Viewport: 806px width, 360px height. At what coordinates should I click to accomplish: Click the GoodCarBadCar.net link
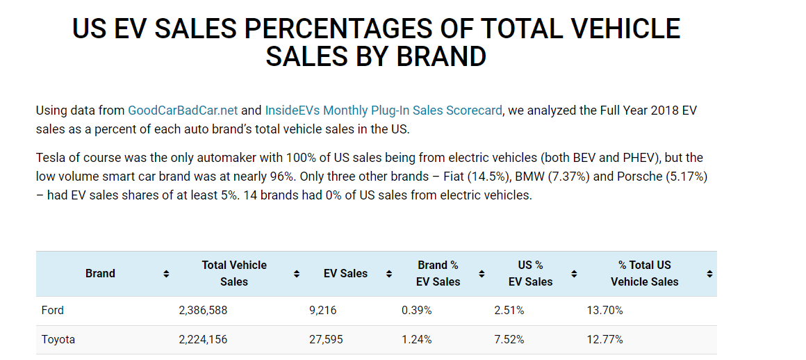pyautogui.click(x=183, y=111)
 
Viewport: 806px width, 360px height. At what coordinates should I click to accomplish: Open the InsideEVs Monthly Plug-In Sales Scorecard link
pyautogui.click(x=383, y=111)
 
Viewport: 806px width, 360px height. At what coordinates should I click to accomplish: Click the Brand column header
pyautogui.click(x=100, y=274)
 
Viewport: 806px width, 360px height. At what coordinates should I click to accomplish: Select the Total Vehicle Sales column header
pyautogui.click(x=234, y=274)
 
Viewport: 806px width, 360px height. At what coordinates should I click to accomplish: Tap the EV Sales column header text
pyautogui.click(x=345, y=274)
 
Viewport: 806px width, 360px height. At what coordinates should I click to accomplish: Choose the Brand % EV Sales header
pyautogui.click(x=438, y=274)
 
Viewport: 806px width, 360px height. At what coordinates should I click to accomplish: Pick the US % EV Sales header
pyautogui.click(x=530, y=274)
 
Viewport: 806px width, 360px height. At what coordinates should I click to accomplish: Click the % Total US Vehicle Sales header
pyautogui.click(x=644, y=274)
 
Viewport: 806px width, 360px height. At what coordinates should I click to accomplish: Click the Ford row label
pyautogui.click(x=53, y=311)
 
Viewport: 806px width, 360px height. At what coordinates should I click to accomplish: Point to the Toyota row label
pyautogui.click(x=58, y=340)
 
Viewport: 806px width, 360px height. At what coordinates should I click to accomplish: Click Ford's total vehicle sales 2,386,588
pyautogui.click(x=203, y=311)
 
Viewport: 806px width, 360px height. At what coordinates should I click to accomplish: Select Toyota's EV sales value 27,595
pyautogui.click(x=326, y=340)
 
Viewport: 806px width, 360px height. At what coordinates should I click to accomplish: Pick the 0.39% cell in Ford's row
pyautogui.click(x=417, y=311)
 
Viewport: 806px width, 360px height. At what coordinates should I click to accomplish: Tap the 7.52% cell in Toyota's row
pyautogui.click(x=509, y=340)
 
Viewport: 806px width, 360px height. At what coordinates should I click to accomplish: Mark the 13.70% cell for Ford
pyautogui.click(x=605, y=311)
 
